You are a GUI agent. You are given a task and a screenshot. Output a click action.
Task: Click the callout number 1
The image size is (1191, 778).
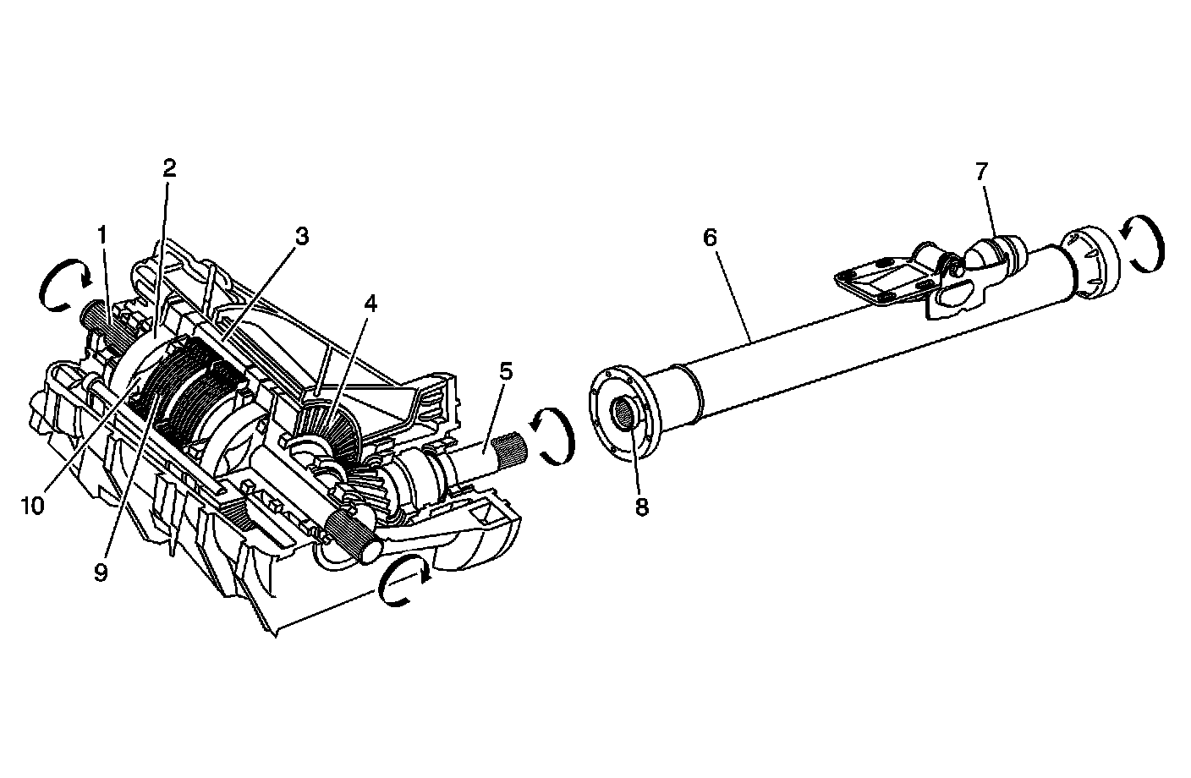point(102,234)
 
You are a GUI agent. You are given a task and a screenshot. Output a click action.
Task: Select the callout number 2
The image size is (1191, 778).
point(169,167)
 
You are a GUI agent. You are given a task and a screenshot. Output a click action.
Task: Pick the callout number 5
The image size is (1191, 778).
point(506,370)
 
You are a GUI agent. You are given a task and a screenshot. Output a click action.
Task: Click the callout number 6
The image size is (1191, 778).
point(710,237)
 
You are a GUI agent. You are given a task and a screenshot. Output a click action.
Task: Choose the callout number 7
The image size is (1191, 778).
point(980,172)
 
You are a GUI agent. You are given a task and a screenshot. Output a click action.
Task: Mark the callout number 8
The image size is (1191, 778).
point(641,507)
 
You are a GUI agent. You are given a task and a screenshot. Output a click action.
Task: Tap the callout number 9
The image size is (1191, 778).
point(102,573)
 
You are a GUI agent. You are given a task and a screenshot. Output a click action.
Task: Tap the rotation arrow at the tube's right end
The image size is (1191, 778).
point(1142,244)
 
